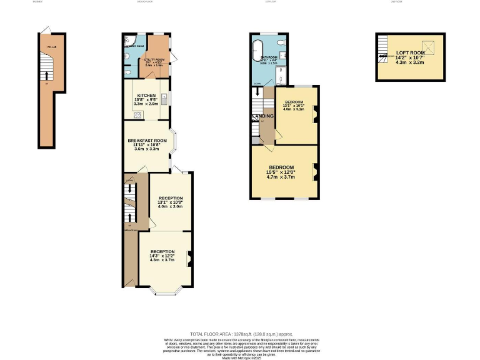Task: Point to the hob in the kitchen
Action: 136,114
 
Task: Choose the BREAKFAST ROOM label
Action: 147,141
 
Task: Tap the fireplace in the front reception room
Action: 189,255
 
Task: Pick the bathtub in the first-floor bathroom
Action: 256,53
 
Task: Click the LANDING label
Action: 262,116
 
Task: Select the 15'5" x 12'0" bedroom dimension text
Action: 281,172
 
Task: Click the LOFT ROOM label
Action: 410,53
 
